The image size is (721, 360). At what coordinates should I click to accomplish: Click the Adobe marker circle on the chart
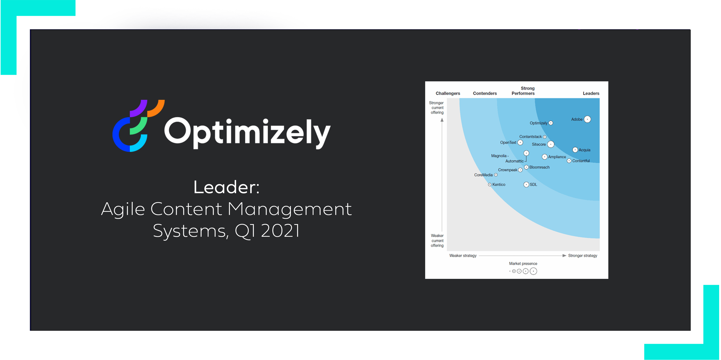[x=587, y=119]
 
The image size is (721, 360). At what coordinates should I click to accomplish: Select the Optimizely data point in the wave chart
[x=551, y=123]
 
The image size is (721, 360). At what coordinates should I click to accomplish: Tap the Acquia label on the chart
[x=584, y=150]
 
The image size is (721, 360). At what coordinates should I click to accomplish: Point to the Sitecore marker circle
[x=551, y=144]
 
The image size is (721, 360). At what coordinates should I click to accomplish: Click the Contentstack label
[x=530, y=137]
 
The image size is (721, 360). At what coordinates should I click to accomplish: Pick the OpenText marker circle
[x=520, y=142]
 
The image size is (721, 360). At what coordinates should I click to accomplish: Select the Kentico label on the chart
[x=499, y=184]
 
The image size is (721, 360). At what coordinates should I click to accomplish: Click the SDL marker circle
[x=526, y=184]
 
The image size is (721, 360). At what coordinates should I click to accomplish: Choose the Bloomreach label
[x=539, y=167]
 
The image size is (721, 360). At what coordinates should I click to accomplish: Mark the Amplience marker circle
[x=545, y=157]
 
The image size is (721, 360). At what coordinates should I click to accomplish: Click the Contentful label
[x=581, y=161]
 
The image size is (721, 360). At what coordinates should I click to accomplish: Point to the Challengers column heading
[x=448, y=93]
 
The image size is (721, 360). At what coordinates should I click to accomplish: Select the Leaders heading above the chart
[x=591, y=93]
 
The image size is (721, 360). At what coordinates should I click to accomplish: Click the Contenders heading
[x=485, y=93]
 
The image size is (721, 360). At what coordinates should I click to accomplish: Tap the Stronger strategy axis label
[x=583, y=256]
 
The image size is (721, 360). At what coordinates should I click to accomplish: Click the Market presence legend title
[x=523, y=263]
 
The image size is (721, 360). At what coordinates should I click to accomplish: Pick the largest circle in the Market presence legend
[x=533, y=271]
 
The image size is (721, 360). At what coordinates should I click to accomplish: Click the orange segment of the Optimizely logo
[x=157, y=108]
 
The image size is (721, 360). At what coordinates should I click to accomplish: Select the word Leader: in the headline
[x=226, y=187]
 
